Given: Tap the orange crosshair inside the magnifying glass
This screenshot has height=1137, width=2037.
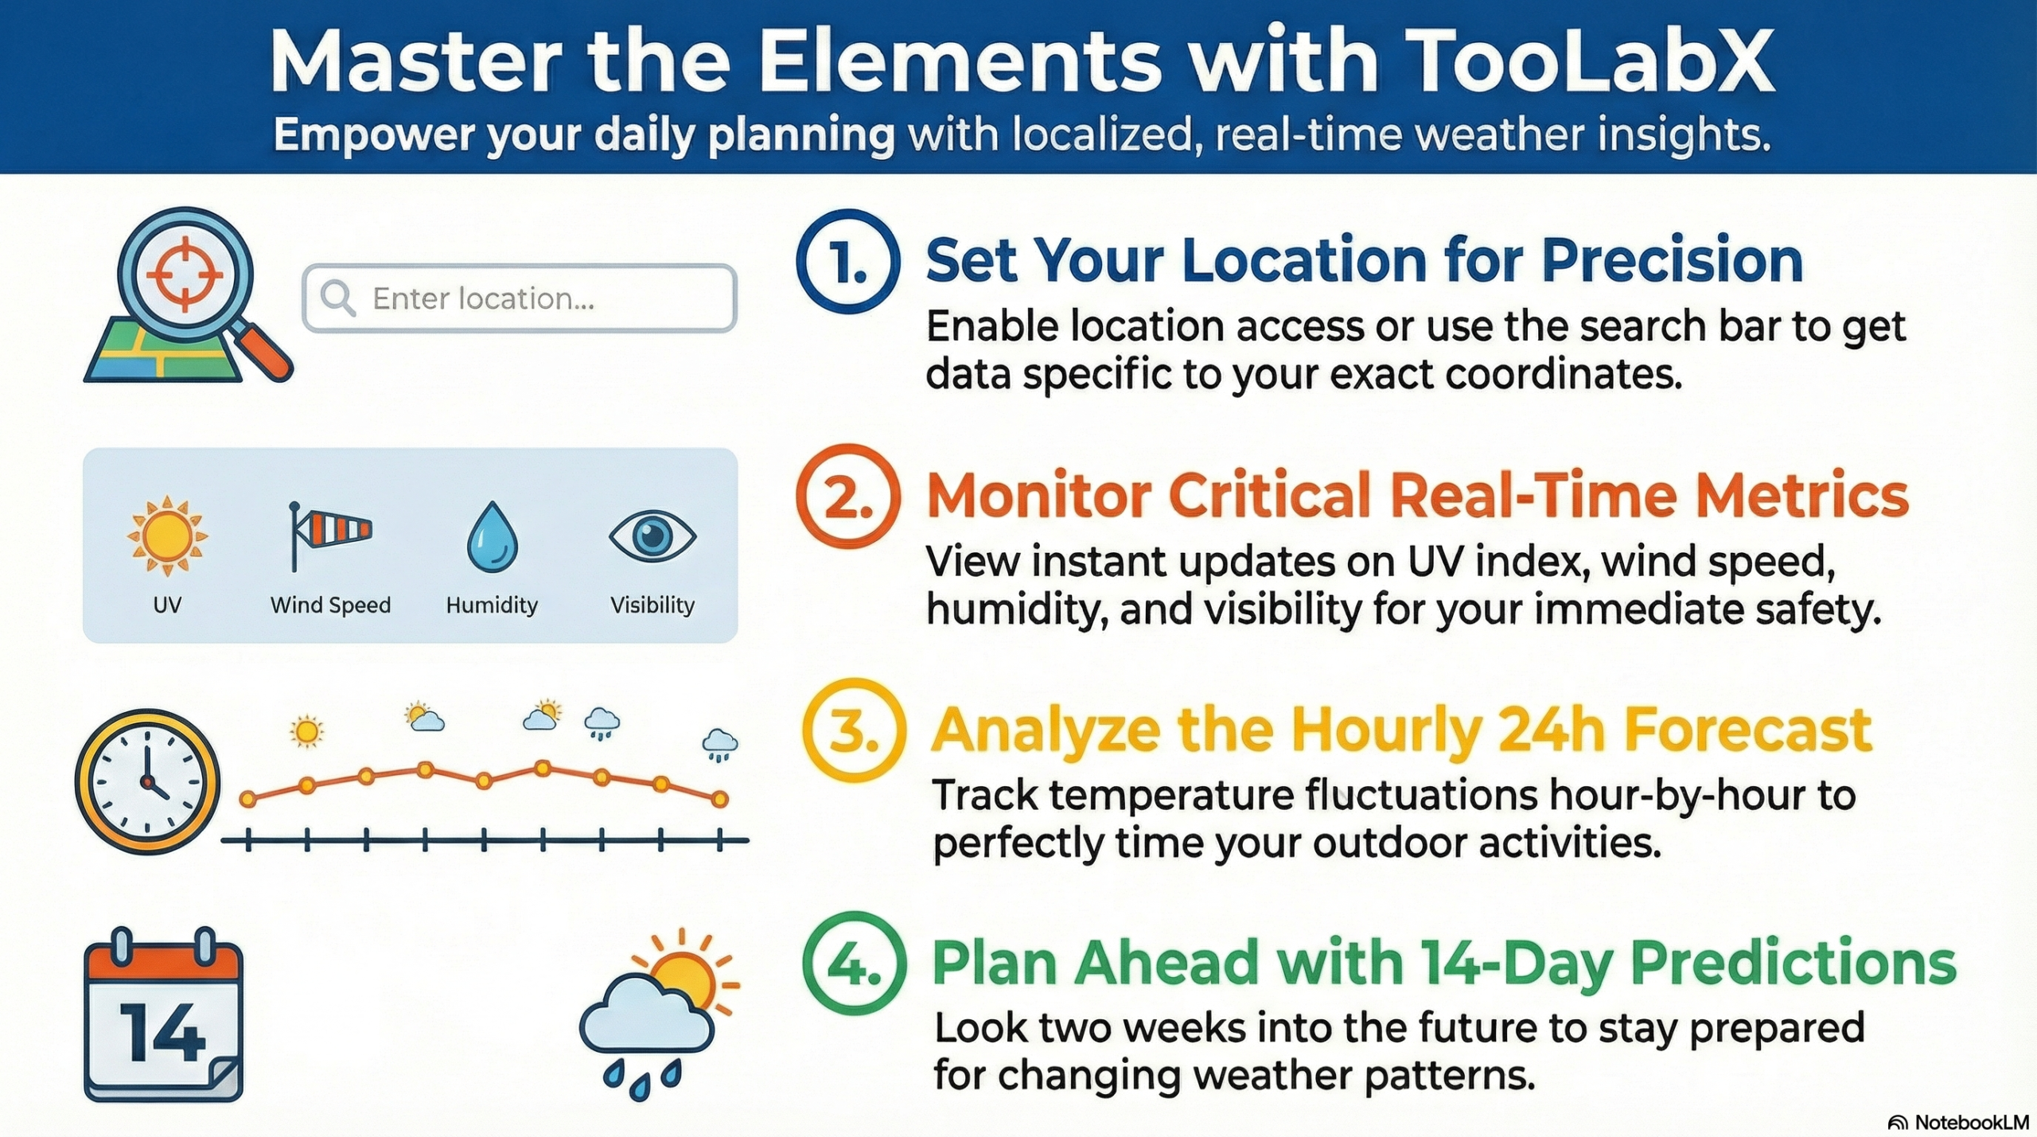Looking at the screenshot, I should click(185, 273).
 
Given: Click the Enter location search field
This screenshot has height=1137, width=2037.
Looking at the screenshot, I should click(520, 298).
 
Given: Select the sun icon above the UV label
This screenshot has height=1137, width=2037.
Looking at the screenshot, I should click(167, 535).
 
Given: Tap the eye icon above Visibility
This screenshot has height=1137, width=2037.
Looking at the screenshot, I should click(652, 535).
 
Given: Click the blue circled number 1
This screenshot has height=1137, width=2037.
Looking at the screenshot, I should click(847, 261).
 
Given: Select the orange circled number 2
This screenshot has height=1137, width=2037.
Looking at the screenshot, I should click(847, 496).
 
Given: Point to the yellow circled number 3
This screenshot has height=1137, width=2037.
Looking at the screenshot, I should click(853, 730).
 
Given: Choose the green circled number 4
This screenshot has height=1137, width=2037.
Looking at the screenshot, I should click(854, 963).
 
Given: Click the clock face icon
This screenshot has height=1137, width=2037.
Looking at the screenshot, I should click(147, 781).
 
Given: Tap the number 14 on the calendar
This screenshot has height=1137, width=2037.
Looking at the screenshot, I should click(162, 1033).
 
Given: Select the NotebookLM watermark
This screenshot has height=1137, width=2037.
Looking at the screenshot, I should click(1958, 1122).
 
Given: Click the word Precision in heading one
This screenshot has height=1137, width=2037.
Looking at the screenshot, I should click(1672, 261).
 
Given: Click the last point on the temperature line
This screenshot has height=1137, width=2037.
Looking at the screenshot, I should click(719, 799).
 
